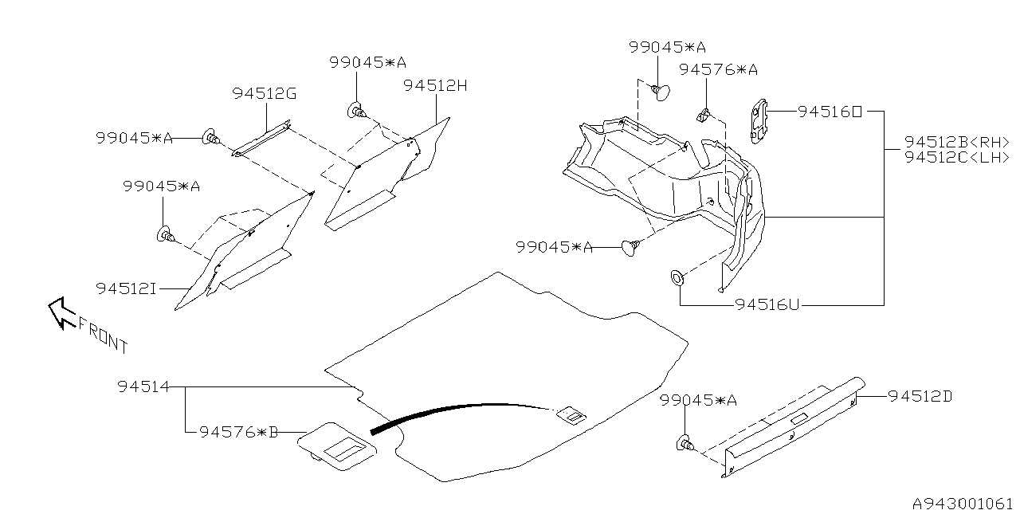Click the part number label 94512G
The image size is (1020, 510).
point(265,94)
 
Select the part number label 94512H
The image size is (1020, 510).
point(435,85)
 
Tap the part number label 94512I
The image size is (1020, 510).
point(126,288)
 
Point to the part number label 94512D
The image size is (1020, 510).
point(920,396)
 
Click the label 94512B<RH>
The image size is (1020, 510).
point(957,142)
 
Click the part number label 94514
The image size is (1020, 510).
point(143,387)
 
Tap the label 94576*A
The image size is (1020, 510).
point(718,70)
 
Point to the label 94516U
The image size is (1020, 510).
point(767,304)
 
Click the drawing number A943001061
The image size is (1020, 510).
point(963,503)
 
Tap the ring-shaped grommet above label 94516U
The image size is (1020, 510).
point(677,278)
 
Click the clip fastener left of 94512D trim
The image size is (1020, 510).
point(685,444)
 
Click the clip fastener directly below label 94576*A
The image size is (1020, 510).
point(704,116)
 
